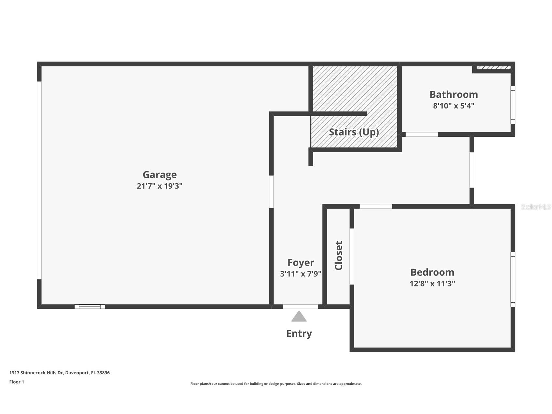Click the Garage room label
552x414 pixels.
coord(160,175)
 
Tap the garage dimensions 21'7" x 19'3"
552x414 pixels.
coord(159,186)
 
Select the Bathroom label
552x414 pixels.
coord(454,94)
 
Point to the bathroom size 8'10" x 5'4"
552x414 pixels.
coord(454,106)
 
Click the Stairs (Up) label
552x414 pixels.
coord(354,132)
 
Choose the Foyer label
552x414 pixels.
coord(301,263)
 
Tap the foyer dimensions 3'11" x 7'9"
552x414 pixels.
coord(301,274)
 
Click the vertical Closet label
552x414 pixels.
coord(339,255)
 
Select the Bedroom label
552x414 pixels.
coord(432,272)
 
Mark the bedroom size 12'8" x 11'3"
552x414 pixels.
coord(432,283)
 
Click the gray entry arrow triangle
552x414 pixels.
coord(299,316)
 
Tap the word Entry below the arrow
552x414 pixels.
coord(299,334)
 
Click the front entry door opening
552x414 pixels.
coord(301,307)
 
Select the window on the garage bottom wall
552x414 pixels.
coord(90,307)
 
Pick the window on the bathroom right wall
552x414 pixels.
coord(513,105)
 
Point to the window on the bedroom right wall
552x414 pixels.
coord(513,280)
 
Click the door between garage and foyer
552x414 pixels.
coord(271,192)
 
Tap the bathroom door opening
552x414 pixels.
coord(422,134)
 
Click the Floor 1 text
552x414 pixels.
coord(17,382)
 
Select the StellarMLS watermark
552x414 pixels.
coord(536,207)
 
